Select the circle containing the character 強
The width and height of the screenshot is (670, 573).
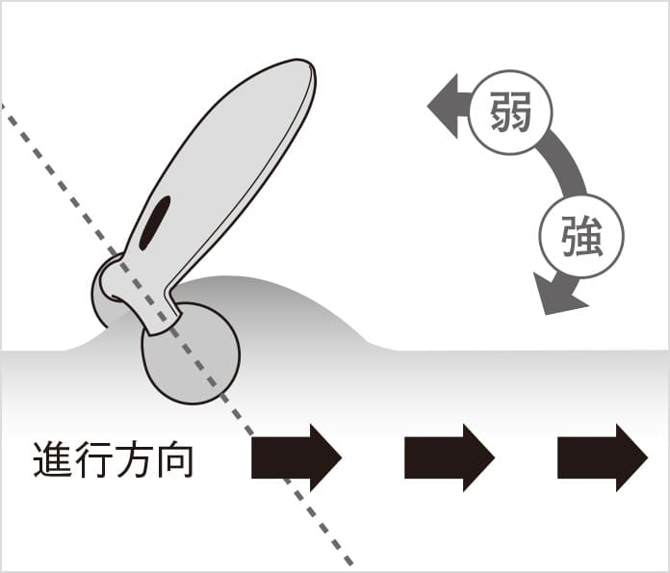[x=581, y=237]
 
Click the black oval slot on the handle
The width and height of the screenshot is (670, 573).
[x=155, y=221]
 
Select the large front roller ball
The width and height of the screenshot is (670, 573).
[x=191, y=352]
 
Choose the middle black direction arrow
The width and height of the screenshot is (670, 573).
[x=449, y=456]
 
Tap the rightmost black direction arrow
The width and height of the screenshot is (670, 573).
[x=602, y=456]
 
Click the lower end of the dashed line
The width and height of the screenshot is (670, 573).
[x=351, y=562]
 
